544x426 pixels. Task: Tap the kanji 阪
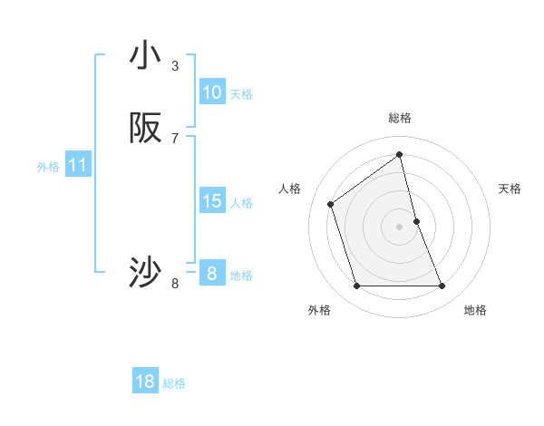click(x=145, y=129)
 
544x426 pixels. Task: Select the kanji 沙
click(x=145, y=272)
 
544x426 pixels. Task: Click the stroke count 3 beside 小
click(x=175, y=66)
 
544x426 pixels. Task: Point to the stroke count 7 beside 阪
click(x=175, y=139)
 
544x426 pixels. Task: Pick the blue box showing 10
click(x=212, y=92)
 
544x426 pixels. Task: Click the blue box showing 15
click(x=212, y=201)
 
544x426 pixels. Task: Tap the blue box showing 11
click(x=78, y=166)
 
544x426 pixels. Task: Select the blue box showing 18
click(x=145, y=382)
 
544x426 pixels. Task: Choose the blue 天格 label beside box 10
click(x=241, y=94)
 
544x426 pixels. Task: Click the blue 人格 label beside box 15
click(x=241, y=203)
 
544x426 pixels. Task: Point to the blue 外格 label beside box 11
click(x=48, y=167)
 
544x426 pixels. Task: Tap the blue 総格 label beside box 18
click(x=174, y=383)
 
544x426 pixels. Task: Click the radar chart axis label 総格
click(x=400, y=118)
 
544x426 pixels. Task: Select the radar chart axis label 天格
click(x=510, y=189)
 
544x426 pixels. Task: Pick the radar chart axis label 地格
click(x=475, y=311)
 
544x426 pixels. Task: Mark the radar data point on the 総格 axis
click(x=400, y=154)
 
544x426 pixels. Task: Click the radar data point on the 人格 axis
click(x=331, y=204)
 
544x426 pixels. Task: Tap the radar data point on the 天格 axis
click(x=416, y=221)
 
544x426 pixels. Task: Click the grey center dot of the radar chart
click(x=400, y=227)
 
